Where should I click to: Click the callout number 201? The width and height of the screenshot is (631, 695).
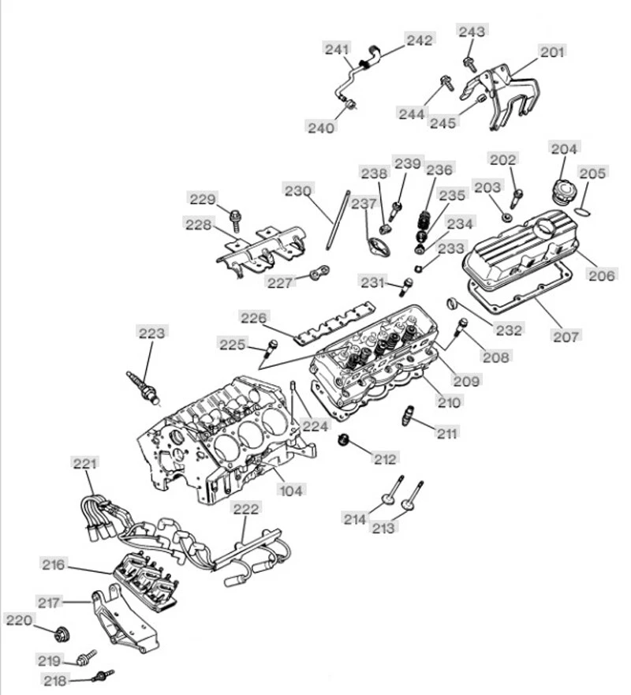[x=552, y=52]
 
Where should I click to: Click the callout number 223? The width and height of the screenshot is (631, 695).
[x=152, y=333]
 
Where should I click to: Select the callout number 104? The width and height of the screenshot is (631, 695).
[x=291, y=490]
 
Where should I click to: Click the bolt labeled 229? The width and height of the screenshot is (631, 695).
[x=235, y=215]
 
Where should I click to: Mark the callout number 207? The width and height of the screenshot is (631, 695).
[x=566, y=337]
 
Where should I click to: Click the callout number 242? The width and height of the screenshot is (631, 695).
[x=420, y=39]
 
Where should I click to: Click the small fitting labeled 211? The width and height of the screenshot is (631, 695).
[x=409, y=415]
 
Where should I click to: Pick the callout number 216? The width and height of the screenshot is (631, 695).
[x=54, y=564]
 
